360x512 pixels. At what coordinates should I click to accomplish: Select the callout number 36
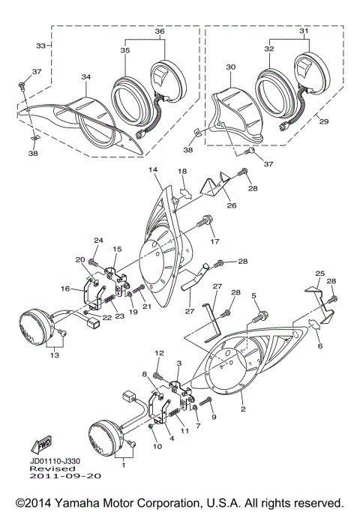(x=159, y=31)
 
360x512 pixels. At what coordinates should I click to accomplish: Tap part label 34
(x=86, y=76)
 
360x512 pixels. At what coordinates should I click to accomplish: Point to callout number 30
(x=230, y=67)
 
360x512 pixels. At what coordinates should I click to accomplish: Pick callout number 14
(x=154, y=171)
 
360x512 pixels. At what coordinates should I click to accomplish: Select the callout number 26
(x=231, y=206)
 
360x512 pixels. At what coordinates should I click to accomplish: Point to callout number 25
(x=319, y=274)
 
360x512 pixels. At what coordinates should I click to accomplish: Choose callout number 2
(x=242, y=409)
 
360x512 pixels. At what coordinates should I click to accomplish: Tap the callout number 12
(x=158, y=352)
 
